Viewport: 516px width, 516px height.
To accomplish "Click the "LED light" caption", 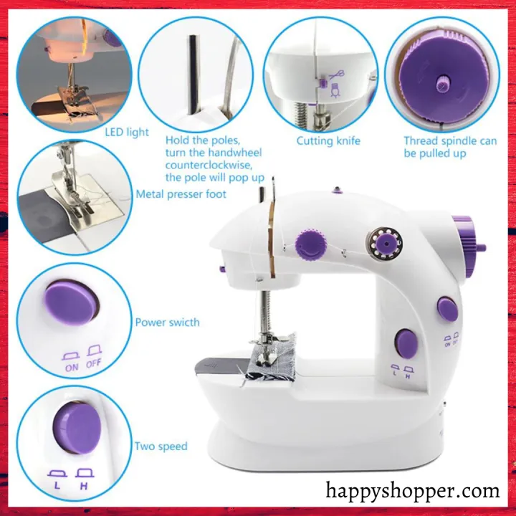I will coord(127,132).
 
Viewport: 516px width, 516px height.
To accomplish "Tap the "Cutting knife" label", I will coord(328,140).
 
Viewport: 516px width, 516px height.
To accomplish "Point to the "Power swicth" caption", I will coord(167,322).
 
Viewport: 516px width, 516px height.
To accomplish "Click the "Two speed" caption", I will coord(161,446).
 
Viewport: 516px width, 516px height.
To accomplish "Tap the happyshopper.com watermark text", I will coord(412,491).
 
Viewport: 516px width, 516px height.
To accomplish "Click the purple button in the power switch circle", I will coord(71,302).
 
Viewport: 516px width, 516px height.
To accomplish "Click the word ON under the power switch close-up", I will coord(72,368).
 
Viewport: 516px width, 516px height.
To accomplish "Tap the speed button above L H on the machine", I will coord(406,344).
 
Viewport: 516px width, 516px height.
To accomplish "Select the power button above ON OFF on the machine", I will coord(448,309).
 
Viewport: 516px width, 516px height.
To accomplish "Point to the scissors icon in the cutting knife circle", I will coord(334,74).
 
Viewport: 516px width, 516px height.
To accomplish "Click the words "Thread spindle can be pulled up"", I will coord(449,147).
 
